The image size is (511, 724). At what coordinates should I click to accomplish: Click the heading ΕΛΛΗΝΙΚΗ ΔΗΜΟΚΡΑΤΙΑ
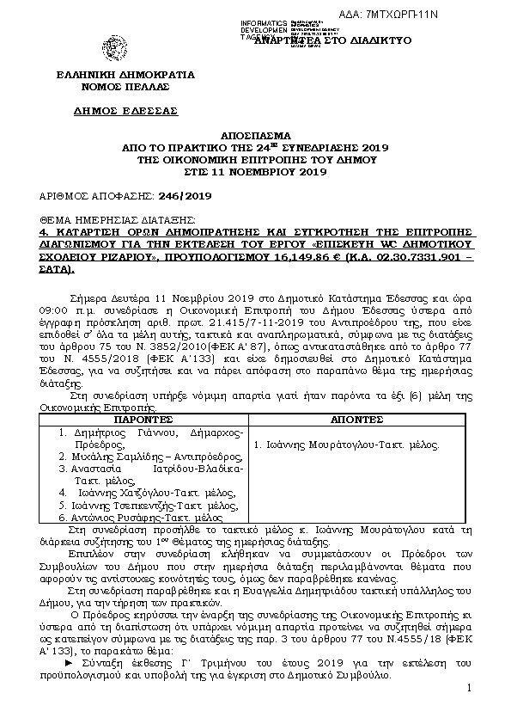(x=125, y=74)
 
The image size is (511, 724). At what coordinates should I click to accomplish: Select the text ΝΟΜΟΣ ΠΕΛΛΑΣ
(x=125, y=87)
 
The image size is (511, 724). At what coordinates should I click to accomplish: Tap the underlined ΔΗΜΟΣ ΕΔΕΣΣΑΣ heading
(x=125, y=111)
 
